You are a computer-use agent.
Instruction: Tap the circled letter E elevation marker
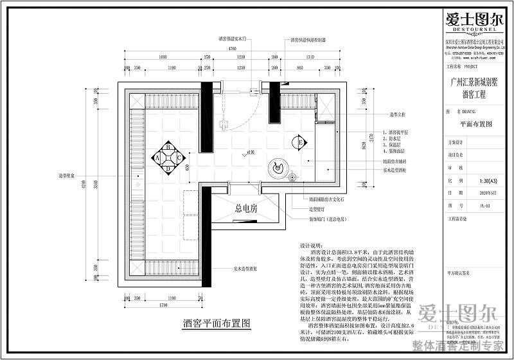[x=299, y=142]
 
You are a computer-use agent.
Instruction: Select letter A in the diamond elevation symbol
[x=156, y=156]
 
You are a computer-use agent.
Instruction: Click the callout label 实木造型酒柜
[x=398, y=170]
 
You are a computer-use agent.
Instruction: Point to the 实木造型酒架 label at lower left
[x=246, y=269]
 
